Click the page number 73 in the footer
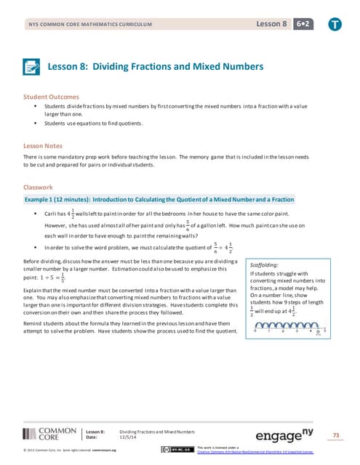tap(335, 434)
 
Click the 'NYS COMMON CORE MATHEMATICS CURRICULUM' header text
tap(90, 25)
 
